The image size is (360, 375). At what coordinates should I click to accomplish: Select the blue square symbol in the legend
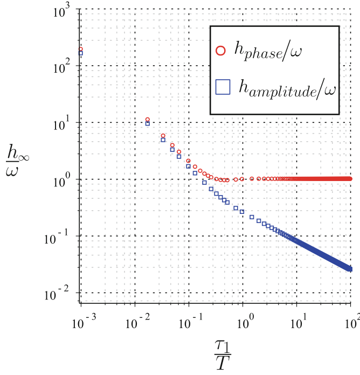point(221,86)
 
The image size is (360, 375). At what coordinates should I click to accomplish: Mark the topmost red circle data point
point(81,49)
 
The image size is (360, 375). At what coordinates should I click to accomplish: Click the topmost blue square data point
point(81,53)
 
